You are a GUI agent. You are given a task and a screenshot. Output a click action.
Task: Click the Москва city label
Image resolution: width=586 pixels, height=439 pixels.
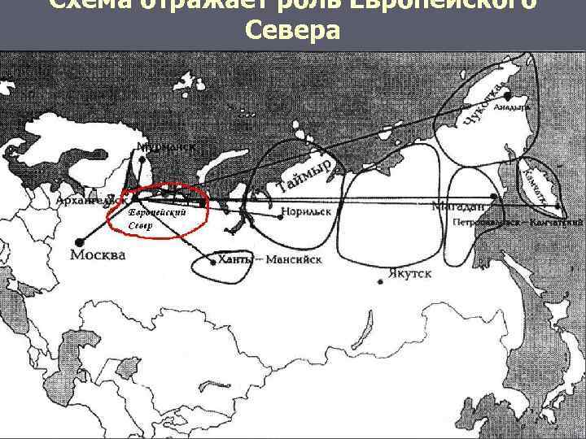(98, 255)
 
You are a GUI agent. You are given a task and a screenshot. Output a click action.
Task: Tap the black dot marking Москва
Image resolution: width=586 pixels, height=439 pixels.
(80, 241)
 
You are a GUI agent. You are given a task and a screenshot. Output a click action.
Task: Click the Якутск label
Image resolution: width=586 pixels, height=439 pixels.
(410, 274)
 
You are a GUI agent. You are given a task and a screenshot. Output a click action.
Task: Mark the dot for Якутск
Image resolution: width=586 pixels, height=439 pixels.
(381, 282)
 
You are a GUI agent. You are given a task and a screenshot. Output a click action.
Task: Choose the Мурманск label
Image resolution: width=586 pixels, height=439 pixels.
(160, 147)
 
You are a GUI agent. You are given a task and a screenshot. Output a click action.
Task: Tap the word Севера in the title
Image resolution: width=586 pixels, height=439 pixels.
(291, 32)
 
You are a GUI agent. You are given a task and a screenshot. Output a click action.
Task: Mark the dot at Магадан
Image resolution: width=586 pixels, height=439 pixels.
(496, 198)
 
